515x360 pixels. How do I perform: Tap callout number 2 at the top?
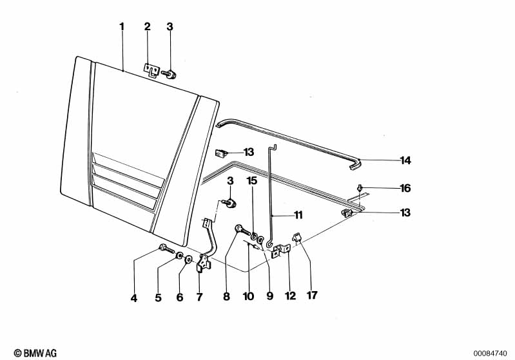[147, 27]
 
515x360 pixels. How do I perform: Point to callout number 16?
[405, 188]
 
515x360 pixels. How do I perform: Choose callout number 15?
[252, 181]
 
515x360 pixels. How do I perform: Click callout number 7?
[199, 298]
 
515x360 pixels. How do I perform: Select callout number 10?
[249, 298]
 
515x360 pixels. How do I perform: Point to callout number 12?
[290, 297]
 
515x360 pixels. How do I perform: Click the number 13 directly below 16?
[405, 213]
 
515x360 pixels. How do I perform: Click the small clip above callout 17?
[298, 238]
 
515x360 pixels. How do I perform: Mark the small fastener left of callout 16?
[360, 187]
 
